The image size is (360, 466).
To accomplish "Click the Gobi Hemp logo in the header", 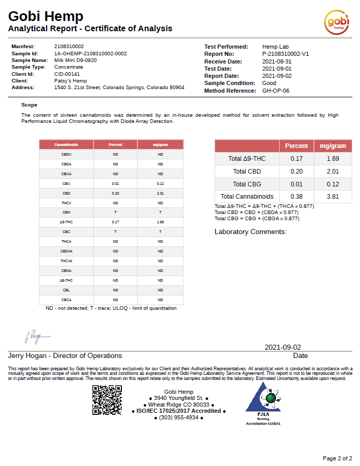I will [x=337, y=22].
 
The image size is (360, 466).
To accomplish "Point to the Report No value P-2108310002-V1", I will [x=285, y=54].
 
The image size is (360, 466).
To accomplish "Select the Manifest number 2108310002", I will [x=69, y=46].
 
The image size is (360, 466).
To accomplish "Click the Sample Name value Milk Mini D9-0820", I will [x=75, y=60].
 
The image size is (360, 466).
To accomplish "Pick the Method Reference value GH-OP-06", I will [x=276, y=91].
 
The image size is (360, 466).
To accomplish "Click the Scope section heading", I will [x=29, y=104].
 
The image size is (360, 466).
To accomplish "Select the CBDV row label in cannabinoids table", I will [x=67, y=154].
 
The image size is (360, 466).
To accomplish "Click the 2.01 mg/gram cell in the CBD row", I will [x=160, y=194].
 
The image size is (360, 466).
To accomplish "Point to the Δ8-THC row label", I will [x=67, y=281].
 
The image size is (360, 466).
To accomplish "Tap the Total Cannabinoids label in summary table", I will [x=247, y=196].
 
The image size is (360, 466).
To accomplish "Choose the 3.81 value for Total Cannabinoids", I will [x=333, y=196].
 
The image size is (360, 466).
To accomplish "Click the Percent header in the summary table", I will [x=297, y=146].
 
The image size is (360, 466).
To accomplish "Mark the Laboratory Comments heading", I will [x=250, y=232].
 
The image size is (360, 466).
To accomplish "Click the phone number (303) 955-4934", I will [x=179, y=417].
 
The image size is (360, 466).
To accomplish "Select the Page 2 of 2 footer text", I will [x=337, y=458].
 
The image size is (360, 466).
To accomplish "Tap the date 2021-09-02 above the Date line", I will [x=283, y=347].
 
